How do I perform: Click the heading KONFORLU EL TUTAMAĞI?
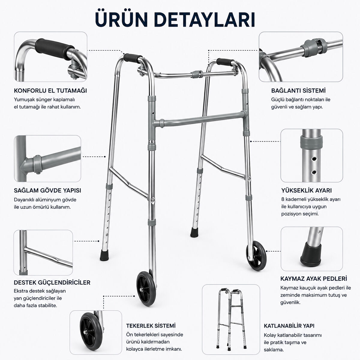tap(50, 91)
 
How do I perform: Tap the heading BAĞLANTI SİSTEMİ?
tap(298, 91)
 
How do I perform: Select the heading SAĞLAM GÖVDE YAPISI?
tap(47, 190)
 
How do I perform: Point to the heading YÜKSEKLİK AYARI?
tap(306, 190)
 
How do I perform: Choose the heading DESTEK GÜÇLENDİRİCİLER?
tap(52, 283)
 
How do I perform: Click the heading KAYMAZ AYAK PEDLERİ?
tap(314, 278)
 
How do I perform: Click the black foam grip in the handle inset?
tap(54, 49)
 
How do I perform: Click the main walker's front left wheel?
tap(146, 289)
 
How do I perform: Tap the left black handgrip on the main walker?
tap(133, 58)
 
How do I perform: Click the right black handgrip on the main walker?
tap(225, 62)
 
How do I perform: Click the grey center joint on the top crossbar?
tap(197, 74)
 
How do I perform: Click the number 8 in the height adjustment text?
tap(283, 199)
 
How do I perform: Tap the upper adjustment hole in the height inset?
tap(314, 159)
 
